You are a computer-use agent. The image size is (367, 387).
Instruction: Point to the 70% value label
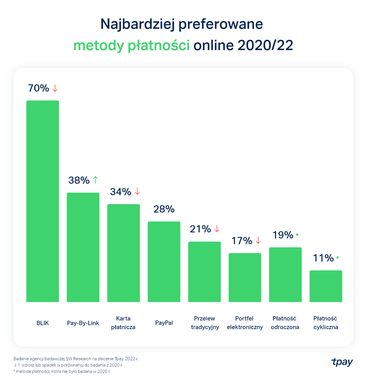tap(39, 88)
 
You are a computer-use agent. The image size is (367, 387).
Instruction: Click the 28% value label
tap(164, 209)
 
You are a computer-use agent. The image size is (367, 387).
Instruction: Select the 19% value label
tap(283, 235)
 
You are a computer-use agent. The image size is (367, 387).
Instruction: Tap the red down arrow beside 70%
tap(55, 88)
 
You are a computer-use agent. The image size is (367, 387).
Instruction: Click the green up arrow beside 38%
tap(96, 180)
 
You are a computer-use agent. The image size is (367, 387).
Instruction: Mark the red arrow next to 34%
tap(137, 191)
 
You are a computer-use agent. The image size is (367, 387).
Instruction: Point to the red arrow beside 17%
tap(258, 240)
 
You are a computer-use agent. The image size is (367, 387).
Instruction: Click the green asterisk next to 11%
tap(338, 258)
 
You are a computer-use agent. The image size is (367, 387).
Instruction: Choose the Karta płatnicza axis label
tap(123, 323)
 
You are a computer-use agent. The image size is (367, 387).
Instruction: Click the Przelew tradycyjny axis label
tap(205, 323)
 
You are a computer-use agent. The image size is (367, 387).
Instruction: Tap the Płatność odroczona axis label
tap(285, 323)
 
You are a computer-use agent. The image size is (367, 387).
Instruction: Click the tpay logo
tap(342, 362)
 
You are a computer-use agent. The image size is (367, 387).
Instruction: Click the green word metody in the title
tap(98, 45)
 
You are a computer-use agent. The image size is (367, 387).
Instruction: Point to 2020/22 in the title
tap(265, 45)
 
